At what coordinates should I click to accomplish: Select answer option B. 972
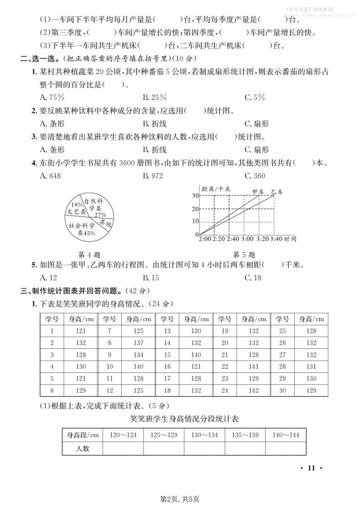point(153,176)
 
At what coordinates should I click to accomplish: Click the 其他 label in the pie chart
point(106,223)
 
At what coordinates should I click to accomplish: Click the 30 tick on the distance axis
point(195,196)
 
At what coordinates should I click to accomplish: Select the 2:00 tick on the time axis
point(205,239)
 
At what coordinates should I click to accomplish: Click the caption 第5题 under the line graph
point(244,254)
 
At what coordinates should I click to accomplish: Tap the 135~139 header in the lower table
point(245,435)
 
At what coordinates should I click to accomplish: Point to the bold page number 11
point(311,468)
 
